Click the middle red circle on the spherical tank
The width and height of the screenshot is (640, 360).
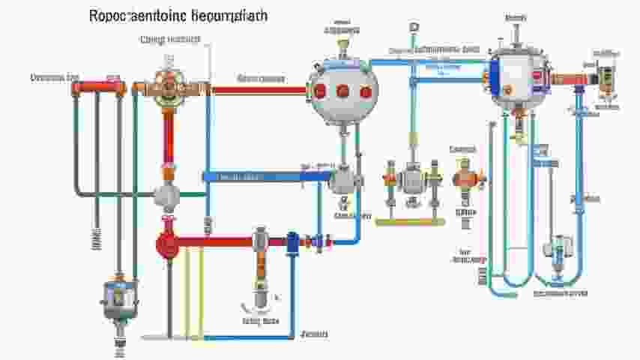coord(342,91)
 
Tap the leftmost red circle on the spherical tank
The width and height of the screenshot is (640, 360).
coord(320,91)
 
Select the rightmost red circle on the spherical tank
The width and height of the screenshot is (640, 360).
coord(365,91)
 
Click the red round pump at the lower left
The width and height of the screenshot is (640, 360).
coord(166,242)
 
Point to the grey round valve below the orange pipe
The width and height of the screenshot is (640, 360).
coord(166,196)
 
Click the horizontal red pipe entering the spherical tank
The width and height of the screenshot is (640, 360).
coord(259,89)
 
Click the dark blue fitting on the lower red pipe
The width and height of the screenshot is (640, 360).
coord(292,241)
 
